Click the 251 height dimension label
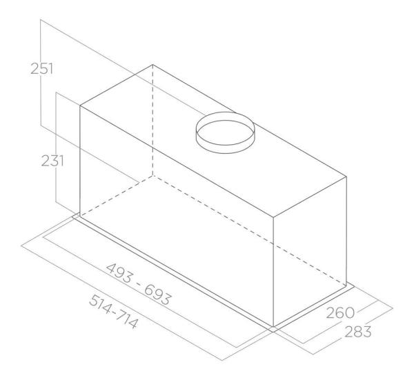pyautogui.click(x=41, y=68)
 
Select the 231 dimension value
pyautogui.click(x=52, y=161)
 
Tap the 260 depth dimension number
pyautogui.click(x=340, y=313)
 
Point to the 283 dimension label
pyautogui.click(x=357, y=332)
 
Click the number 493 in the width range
pyautogui.click(x=119, y=273)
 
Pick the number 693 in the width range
pyautogui.click(x=158, y=295)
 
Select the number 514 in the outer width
pyautogui.click(x=100, y=305)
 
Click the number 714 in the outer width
pyautogui.click(x=127, y=320)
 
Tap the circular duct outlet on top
pyautogui.click(x=225, y=132)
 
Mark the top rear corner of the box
pyautogui.click(x=152, y=64)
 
